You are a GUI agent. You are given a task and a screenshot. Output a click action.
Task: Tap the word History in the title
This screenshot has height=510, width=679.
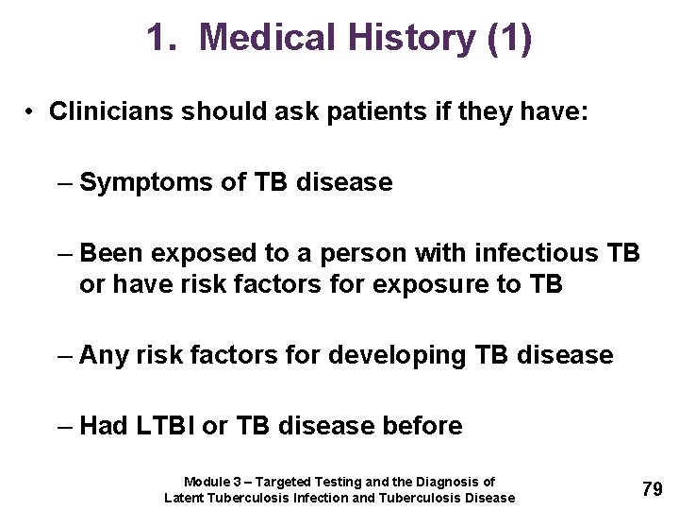tap(410, 39)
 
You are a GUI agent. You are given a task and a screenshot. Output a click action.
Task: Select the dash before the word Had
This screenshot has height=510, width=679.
tap(64, 426)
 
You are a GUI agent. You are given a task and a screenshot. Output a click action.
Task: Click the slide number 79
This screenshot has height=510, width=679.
tap(652, 489)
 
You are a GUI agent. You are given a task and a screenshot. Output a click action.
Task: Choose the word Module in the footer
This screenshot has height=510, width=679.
tap(206, 482)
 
